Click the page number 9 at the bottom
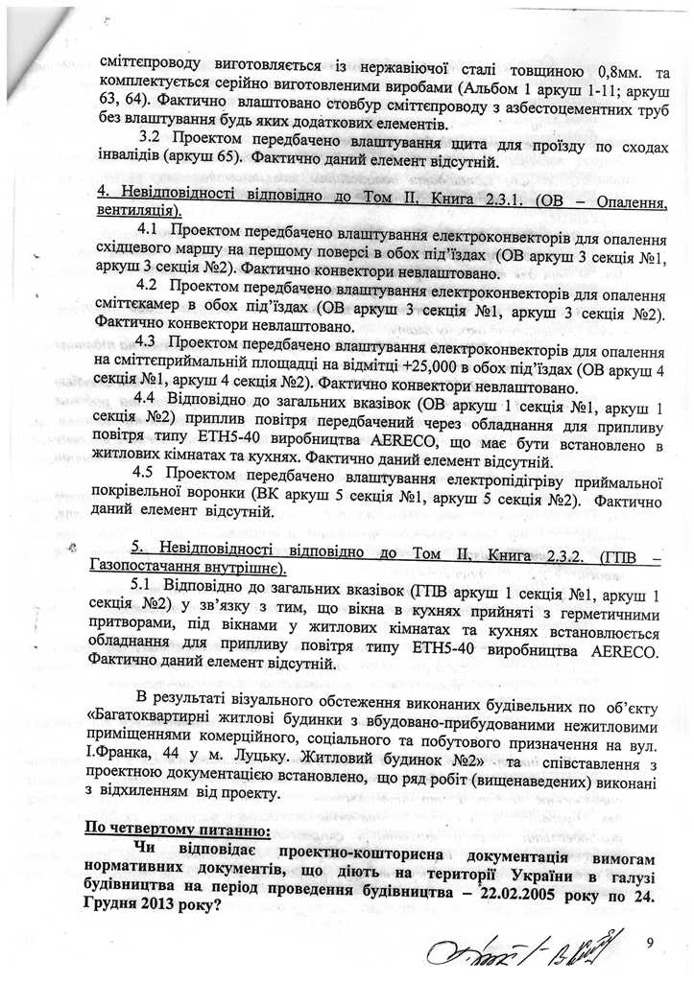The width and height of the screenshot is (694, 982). coord(650,943)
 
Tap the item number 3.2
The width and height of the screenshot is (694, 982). coord(154,142)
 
